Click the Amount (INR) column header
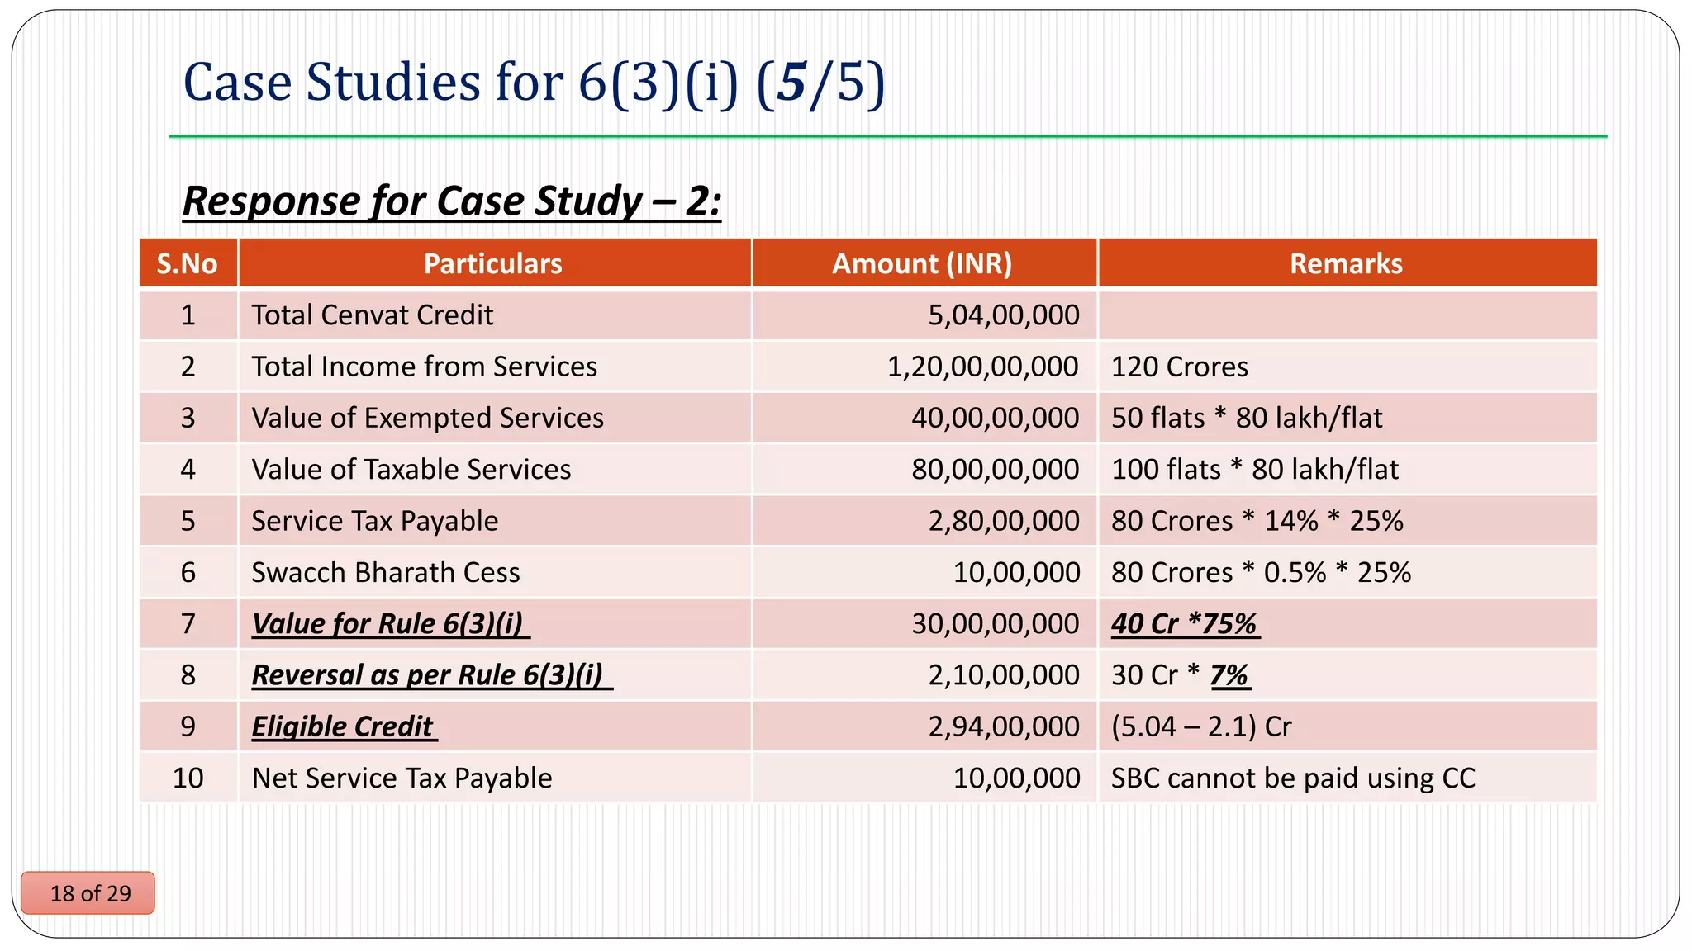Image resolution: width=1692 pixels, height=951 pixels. tap(922, 263)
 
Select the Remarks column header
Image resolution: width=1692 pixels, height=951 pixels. tap(1346, 263)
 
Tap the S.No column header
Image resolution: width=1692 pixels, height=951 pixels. tap(187, 263)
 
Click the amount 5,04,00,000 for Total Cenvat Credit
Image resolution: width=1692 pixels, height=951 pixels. tap(1003, 315)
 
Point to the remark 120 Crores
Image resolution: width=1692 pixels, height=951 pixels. tap(1179, 367)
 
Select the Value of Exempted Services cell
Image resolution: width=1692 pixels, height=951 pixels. tap(427, 418)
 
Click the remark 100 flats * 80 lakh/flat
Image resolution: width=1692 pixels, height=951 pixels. tap(1254, 470)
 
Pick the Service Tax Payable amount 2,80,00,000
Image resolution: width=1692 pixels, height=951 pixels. tap(1003, 521)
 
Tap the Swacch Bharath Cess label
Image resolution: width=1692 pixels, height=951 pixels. tap(385, 572)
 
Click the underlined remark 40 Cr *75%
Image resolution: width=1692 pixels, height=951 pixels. tap(1184, 623)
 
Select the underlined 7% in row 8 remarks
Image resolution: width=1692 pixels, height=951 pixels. tap(1229, 675)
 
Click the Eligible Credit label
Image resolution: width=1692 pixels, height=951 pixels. tap(342, 726)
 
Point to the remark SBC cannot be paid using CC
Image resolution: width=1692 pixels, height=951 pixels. tap(1292, 778)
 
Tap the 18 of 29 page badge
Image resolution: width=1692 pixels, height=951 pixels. tap(89, 893)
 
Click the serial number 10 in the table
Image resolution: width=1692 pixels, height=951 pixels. tap(188, 778)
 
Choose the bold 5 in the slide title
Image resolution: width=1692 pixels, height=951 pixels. tap(791, 83)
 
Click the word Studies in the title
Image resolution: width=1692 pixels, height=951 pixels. tap(392, 83)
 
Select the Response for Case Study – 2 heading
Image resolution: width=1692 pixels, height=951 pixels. tap(451, 201)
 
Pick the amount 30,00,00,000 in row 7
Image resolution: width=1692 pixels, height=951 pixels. tap(995, 623)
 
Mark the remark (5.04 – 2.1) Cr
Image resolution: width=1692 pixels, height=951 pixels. tap(1200, 726)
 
